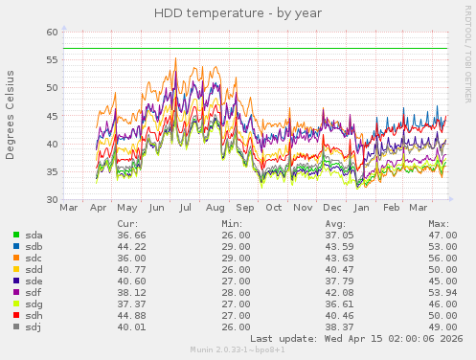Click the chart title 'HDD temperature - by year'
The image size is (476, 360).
238,13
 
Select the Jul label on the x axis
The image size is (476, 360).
186,208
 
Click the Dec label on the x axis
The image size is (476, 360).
332,208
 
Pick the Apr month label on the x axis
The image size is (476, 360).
98,208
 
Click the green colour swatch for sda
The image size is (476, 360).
17,235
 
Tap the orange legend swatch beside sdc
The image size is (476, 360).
17,259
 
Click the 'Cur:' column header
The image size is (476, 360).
126,222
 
